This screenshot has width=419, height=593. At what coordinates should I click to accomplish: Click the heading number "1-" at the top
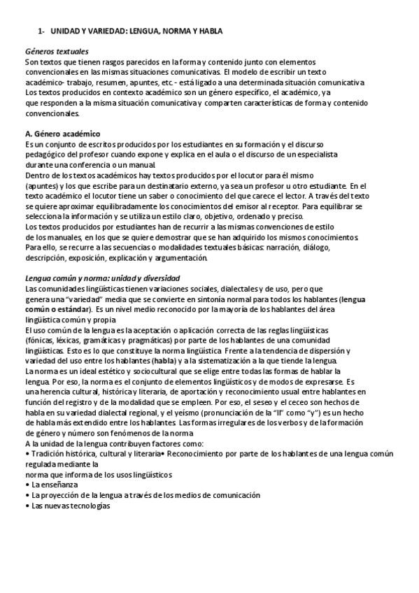(x=41, y=31)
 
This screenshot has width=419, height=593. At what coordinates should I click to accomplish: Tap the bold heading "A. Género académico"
(x=62, y=134)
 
